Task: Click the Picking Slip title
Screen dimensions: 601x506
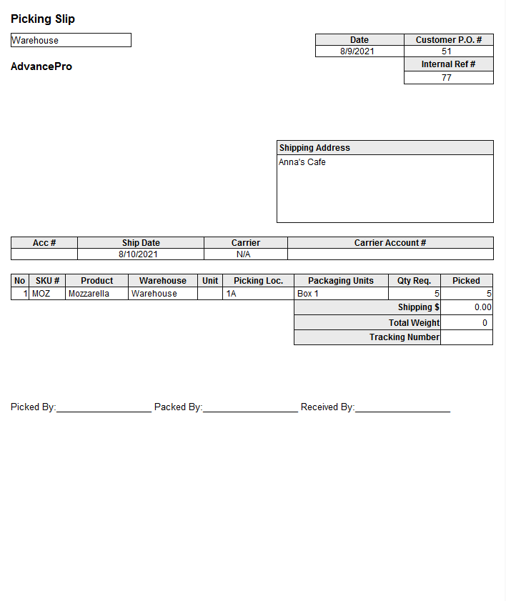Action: click(43, 19)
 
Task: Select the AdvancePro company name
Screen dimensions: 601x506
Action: click(41, 66)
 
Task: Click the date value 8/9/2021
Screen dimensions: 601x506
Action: click(357, 51)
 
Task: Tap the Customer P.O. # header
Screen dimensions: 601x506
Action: click(448, 40)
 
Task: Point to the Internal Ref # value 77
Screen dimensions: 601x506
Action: click(447, 78)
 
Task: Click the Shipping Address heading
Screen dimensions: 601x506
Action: click(314, 148)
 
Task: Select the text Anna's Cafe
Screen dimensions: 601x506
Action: click(302, 162)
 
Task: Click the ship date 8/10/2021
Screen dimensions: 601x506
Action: click(139, 254)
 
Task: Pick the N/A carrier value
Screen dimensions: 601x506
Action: click(244, 254)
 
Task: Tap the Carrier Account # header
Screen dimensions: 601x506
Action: click(390, 243)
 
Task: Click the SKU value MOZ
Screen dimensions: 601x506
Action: click(41, 294)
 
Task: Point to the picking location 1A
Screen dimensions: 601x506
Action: click(231, 294)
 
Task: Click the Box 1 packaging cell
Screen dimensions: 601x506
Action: click(308, 294)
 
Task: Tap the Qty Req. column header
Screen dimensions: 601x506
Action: click(414, 281)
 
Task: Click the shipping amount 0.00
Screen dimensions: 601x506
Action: click(483, 307)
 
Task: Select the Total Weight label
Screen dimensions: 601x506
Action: click(415, 323)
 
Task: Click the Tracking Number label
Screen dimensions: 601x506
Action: click(405, 337)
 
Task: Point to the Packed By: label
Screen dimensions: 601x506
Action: click(178, 407)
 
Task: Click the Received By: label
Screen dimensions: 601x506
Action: click(327, 407)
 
